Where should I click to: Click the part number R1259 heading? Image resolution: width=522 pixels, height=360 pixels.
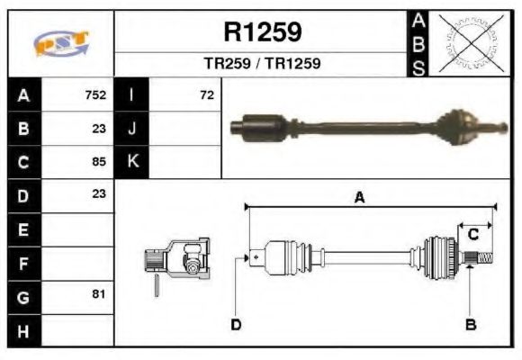click(x=262, y=33)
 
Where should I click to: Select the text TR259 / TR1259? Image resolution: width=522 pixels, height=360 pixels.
click(x=262, y=65)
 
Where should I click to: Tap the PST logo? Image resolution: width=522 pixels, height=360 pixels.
click(x=61, y=43)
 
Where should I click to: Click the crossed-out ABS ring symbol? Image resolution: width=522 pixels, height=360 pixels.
click(x=470, y=43)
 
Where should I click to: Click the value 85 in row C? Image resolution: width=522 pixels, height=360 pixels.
click(x=99, y=162)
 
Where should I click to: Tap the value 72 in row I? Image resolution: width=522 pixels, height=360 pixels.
click(x=207, y=94)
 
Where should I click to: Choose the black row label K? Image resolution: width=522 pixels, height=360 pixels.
click(x=131, y=162)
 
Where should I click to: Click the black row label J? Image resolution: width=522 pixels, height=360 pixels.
click(x=131, y=128)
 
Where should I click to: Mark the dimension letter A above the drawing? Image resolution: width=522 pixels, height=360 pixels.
click(x=359, y=198)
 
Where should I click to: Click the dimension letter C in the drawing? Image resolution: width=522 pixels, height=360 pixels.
click(x=472, y=235)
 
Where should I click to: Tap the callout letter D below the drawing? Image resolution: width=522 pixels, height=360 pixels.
click(x=235, y=324)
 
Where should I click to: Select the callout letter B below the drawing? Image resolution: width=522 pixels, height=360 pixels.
click(x=470, y=324)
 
